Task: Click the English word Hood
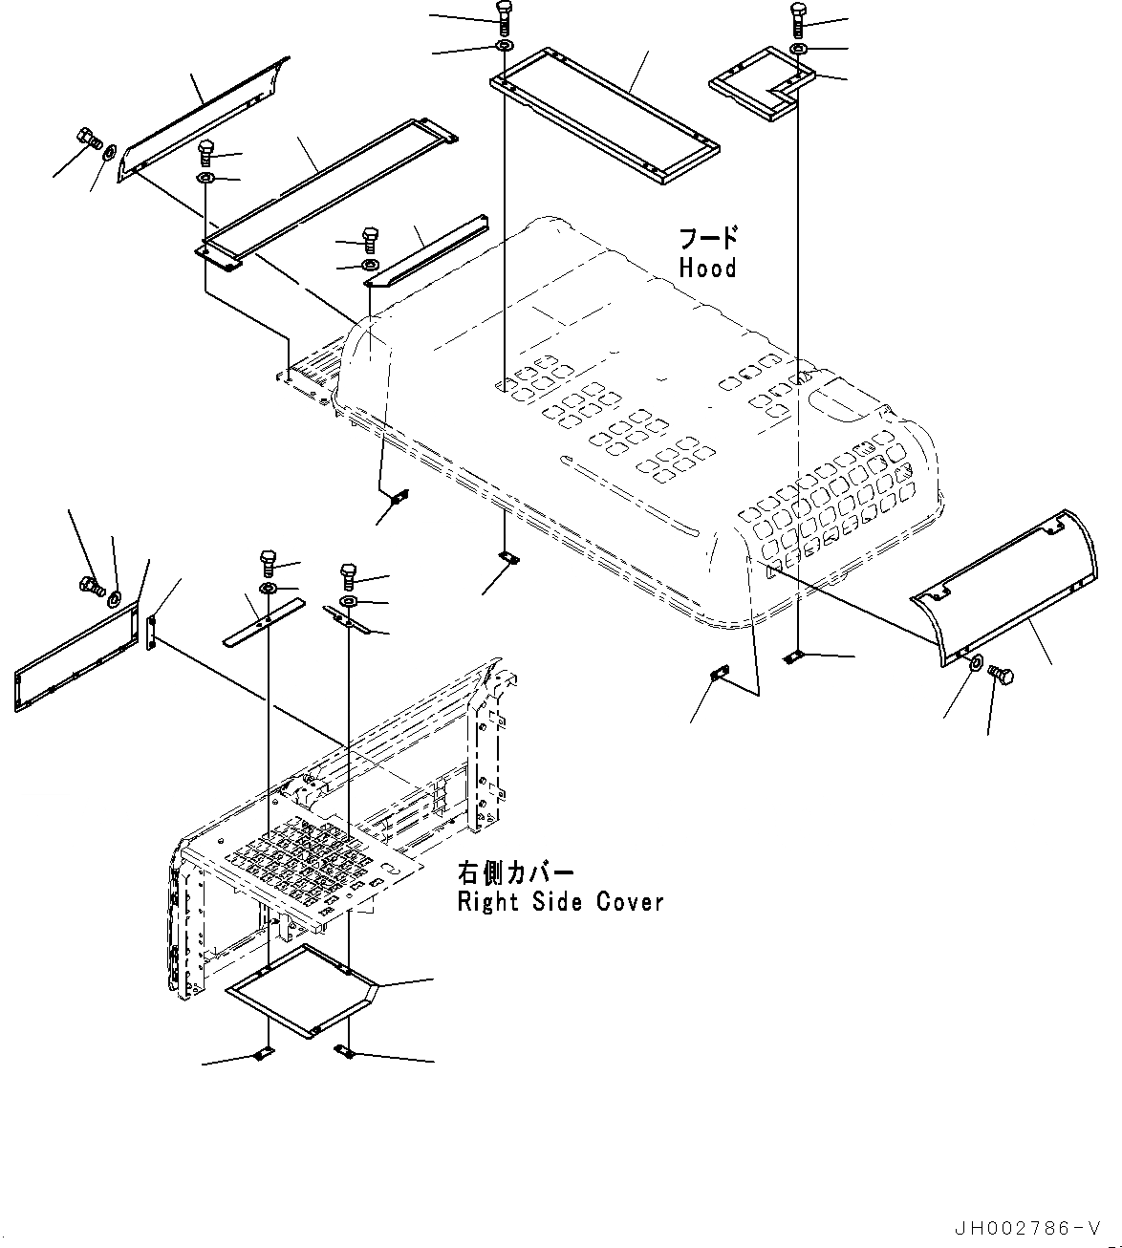pos(707,269)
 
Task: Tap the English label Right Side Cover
pos(560,901)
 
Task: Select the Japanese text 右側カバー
pos(516,873)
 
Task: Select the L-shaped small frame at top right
pos(761,88)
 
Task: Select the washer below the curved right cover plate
pos(974,664)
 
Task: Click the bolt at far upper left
pos(86,140)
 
